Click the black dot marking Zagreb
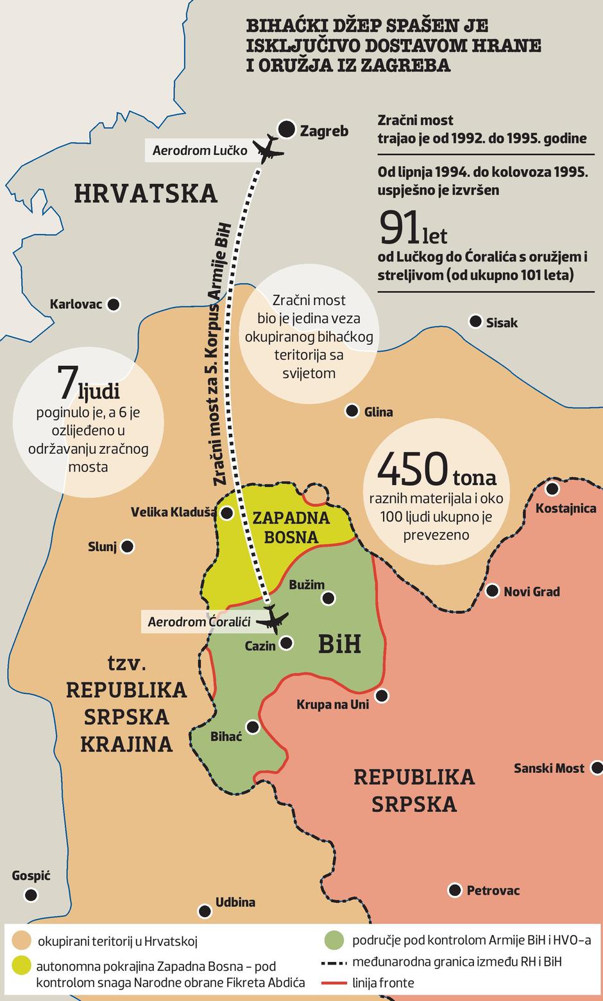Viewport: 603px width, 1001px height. tap(286, 129)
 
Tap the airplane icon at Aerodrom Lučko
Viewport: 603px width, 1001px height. tap(268, 149)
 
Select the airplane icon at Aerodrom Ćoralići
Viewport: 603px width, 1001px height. tap(274, 618)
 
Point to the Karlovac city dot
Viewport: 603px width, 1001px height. tap(114, 304)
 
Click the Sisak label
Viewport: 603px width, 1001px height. tap(502, 323)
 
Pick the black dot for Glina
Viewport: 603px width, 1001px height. tap(352, 411)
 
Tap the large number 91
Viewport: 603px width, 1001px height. tap(400, 227)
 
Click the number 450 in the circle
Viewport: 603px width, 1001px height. tap(412, 469)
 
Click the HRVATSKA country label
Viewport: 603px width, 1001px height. tap(146, 193)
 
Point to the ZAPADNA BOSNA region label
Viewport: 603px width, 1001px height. tap(291, 527)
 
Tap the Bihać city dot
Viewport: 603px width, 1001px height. tap(253, 727)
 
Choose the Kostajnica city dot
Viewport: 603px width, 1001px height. tap(552, 489)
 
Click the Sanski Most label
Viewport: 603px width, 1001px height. tap(549, 768)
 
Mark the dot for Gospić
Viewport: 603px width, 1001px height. tap(31, 895)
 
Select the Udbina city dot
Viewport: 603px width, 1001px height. tap(205, 911)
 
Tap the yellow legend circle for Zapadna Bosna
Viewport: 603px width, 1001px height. tap(21, 966)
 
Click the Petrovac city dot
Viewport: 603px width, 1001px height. tap(454, 889)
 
